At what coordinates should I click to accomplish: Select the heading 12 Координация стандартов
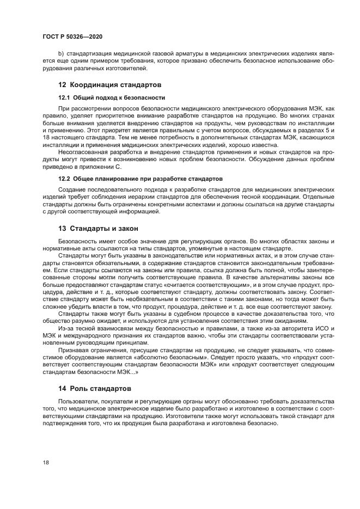pyautogui.click(x=108, y=85)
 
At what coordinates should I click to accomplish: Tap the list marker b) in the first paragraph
pyautogui.click(x=61, y=54)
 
